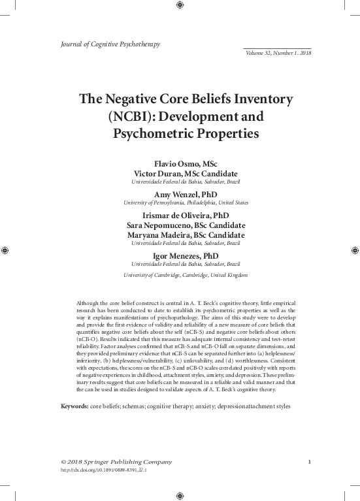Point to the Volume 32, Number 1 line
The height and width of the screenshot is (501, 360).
pos(278,53)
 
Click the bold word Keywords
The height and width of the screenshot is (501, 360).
pos(74,406)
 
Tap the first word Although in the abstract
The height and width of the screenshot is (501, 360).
pos(89,304)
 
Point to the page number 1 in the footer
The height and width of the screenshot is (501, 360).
pos(308,462)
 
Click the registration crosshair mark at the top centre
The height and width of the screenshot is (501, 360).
pos(180,5)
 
